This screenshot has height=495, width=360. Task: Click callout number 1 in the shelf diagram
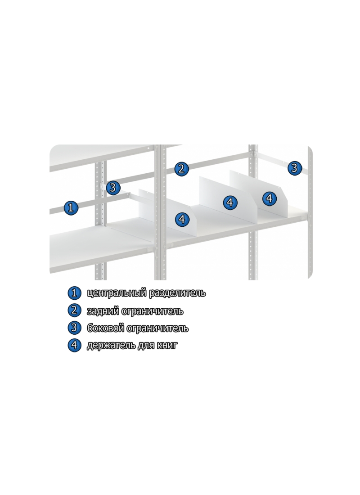pyautogui.click(x=71, y=207)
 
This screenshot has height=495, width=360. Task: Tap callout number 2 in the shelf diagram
pyautogui.click(x=181, y=169)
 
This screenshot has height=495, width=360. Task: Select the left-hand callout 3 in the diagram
pyautogui.click(x=113, y=188)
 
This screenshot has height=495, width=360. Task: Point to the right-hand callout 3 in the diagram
pyautogui.click(x=294, y=168)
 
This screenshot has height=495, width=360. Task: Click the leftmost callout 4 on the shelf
pyautogui.click(x=182, y=219)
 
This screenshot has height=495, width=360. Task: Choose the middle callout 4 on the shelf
pyautogui.click(x=230, y=202)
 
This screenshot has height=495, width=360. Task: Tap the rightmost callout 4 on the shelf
pyautogui.click(x=269, y=198)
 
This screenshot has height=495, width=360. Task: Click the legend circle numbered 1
pyautogui.click(x=74, y=293)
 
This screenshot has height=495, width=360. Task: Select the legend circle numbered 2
pyautogui.click(x=74, y=310)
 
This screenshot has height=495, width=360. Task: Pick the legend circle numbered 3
pyautogui.click(x=74, y=327)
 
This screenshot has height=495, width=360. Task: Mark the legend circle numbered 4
pyautogui.click(x=74, y=345)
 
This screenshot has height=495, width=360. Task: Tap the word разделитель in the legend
pyautogui.click(x=177, y=293)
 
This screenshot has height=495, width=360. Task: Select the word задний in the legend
pyautogui.click(x=103, y=311)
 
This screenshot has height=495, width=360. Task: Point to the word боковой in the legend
pyautogui.click(x=105, y=328)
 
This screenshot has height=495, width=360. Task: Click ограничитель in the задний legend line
pyautogui.click(x=152, y=311)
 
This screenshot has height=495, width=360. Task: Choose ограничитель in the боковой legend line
pyautogui.click(x=157, y=328)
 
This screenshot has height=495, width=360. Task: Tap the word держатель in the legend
pyautogui.click(x=111, y=346)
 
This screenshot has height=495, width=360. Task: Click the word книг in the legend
pyautogui.click(x=167, y=346)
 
